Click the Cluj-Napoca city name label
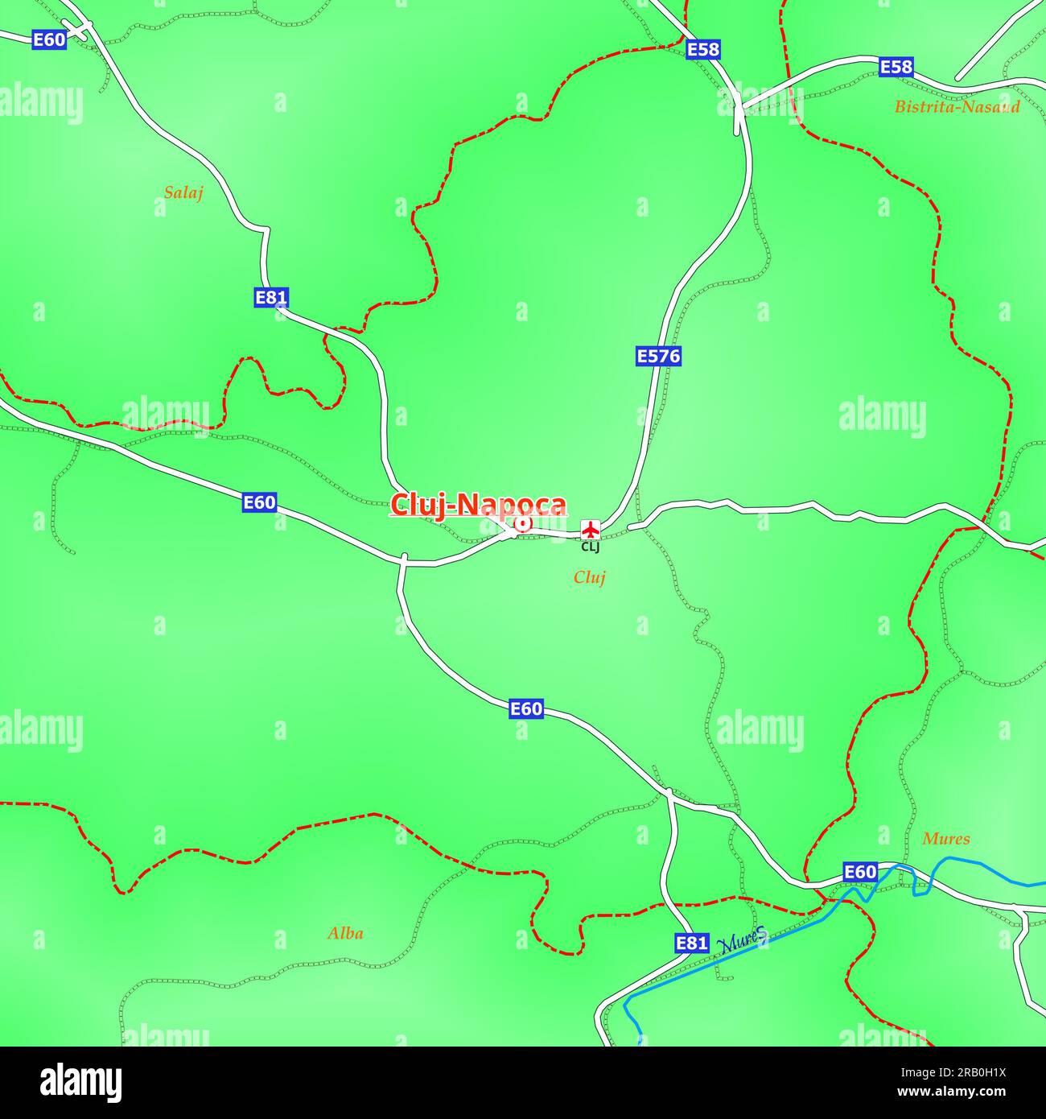[x=478, y=505]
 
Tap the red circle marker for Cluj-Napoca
[x=522, y=524]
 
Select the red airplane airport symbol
[x=591, y=529]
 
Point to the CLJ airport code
[x=591, y=547]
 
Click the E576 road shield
[x=658, y=356]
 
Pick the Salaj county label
[x=183, y=192]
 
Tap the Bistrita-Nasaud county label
[x=957, y=106]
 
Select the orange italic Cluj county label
[x=589, y=577]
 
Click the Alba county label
[x=345, y=933]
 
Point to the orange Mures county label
[x=945, y=839]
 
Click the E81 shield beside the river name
[x=691, y=943]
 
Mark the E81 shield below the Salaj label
[x=270, y=298]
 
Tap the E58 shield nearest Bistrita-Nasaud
[x=896, y=67]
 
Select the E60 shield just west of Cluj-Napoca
[x=259, y=503]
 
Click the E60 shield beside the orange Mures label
[x=859, y=872]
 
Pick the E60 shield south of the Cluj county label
[x=526, y=708]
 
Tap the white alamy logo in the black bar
[x=80, y=1082]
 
